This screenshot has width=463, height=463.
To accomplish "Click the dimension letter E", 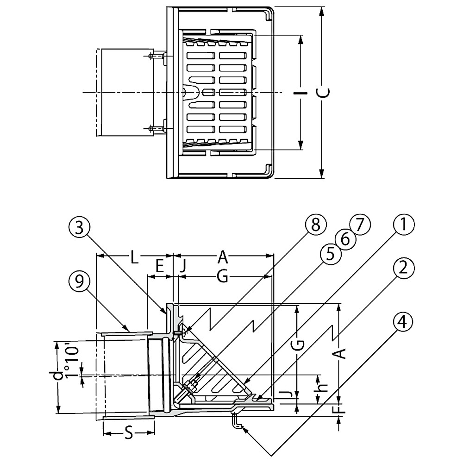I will click(x=159, y=266).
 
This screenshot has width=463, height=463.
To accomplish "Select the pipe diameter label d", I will click(x=57, y=375).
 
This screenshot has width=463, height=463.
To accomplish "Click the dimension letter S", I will click(x=129, y=434).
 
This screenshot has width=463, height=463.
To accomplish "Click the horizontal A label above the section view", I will click(x=223, y=256).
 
